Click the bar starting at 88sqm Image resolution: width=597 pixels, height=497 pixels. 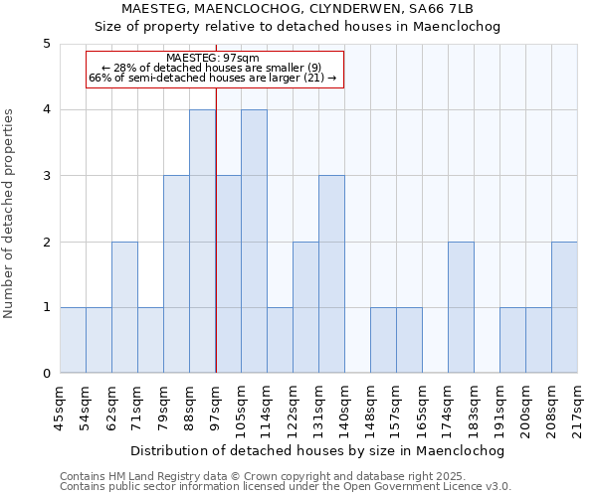tap(203, 242)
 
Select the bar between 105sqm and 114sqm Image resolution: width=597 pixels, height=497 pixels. tap(254, 242)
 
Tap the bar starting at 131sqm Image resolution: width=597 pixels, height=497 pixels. tap(331, 274)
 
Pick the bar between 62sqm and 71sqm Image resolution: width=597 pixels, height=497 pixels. tap(124, 307)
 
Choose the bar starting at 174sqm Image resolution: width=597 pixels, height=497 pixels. tap(461, 307)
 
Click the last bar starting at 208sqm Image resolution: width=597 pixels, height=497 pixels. tap(564, 307)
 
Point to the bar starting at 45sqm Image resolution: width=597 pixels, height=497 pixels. tap(73, 340)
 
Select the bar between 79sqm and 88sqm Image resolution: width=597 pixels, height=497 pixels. tap(176, 274)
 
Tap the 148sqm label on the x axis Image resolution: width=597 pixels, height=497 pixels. tap(371, 405)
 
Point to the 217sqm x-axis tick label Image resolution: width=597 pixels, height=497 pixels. tap(578, 405)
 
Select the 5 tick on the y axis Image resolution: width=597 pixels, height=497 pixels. tap(47, 44)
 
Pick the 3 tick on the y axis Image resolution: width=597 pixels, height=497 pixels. tap(47, 176)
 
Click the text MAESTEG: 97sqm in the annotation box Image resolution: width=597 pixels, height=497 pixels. tap(213, 59)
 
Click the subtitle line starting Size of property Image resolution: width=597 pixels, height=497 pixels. tap(298, 27)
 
